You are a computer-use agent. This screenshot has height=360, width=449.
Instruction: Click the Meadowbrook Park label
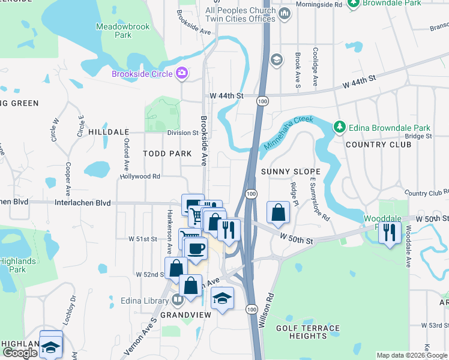tap(114, 31)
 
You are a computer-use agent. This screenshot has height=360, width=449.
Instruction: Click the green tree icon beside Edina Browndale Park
tap(339, 127)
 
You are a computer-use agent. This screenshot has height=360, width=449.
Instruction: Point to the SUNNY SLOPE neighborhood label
tap(291, 172)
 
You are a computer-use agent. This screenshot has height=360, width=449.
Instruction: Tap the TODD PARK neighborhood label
tap(167, 154)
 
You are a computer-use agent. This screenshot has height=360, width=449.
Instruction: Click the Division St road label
tap(182, 133)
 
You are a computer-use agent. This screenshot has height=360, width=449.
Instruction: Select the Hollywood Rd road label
tap(140, 176)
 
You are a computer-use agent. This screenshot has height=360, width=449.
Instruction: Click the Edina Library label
tap(145, 301)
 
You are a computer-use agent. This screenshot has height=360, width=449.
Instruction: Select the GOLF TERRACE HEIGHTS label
tap(307, 332)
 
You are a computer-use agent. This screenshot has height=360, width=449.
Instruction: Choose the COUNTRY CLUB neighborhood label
tap(373, 145)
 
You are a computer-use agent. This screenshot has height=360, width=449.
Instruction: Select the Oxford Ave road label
tap(127, 154)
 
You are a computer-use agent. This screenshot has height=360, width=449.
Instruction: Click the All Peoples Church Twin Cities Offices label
tap(240, 15)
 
